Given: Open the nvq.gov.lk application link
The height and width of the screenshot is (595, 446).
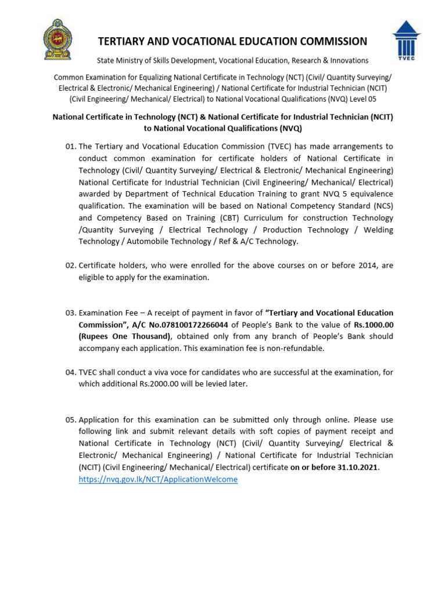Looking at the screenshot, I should [158, 479].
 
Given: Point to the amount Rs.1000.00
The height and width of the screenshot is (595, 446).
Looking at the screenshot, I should [373, 325].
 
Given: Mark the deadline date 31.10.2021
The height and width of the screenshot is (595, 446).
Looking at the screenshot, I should [354, 468].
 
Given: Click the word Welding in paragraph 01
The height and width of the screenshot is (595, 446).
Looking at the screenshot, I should [378, 230].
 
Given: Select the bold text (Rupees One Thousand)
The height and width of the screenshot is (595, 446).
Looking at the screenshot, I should [124, 337].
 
